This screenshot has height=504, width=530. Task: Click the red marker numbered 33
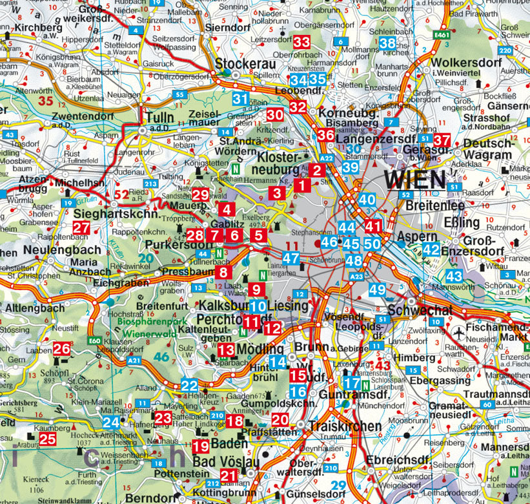point(301,42)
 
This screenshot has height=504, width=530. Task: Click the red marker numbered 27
point(81,227)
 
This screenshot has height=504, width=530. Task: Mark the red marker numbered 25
point(48,439)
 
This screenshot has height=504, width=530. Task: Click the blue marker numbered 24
point(112,423)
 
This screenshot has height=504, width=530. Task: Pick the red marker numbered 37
point(442,140)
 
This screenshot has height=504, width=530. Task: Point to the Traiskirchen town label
point(336,426)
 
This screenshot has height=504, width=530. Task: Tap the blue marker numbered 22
point(189,386)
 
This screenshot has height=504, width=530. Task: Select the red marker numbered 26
point(62,349)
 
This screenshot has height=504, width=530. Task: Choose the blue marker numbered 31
point(240,99)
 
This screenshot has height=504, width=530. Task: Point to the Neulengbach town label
point(63,249)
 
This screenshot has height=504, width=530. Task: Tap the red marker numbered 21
point(229,476)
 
